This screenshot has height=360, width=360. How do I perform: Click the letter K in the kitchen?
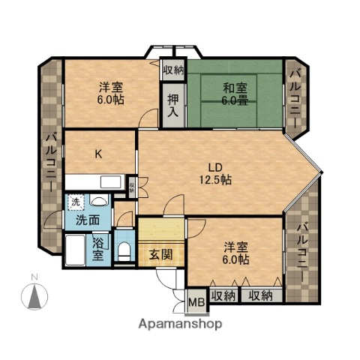point(98,154)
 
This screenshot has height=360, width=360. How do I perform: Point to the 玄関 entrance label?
point(160,253)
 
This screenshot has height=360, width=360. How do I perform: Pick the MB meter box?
point(196,303)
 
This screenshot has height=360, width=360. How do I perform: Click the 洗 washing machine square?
point(76,201)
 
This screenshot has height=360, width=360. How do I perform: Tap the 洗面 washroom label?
point(87,221)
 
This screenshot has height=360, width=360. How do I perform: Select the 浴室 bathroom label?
point(98,248)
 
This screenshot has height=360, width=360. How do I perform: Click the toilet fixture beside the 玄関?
point(124,249)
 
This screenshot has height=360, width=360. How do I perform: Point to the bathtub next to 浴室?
point(76,249)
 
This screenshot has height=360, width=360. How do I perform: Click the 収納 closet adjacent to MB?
point(223,295)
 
